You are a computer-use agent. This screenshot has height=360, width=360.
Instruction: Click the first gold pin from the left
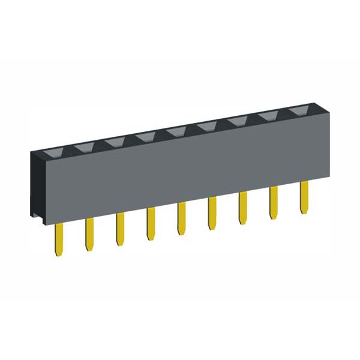coord(59,239)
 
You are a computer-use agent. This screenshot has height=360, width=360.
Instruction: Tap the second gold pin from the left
coord(89,234)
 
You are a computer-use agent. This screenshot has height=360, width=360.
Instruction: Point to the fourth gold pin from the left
coord(151,224)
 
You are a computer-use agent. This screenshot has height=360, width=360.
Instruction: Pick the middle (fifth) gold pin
coord(181,219)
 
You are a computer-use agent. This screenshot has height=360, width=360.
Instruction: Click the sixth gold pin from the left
coord(212,214)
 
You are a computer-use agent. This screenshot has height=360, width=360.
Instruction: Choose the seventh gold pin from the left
coord(242,208)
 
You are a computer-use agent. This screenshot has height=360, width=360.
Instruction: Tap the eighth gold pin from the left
coord(273,203)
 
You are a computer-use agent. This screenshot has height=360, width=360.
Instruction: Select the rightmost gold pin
coord(304,197)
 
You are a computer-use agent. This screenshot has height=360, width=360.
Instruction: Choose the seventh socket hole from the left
coord(236,121)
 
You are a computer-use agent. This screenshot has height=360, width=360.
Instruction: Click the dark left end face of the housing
coord(36,186)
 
